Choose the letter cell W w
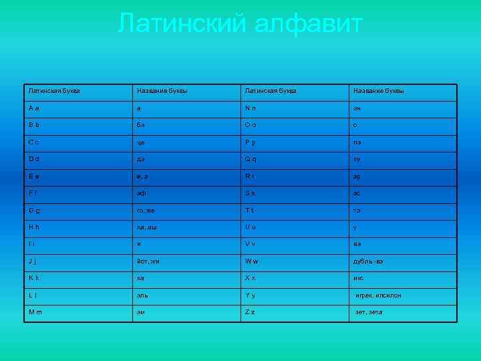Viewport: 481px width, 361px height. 294,261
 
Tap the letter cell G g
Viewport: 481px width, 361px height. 77,210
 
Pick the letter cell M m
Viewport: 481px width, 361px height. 77,312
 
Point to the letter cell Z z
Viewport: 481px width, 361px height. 294,312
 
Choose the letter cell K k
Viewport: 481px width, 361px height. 77,277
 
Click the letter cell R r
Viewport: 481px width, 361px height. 294,176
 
